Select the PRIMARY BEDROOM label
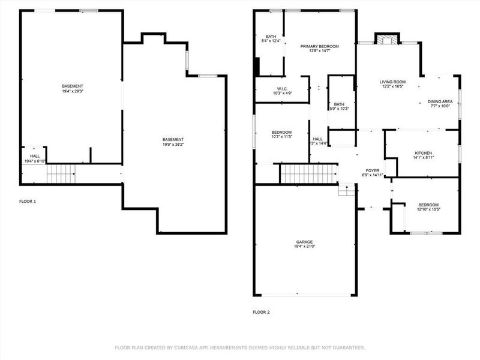coord(320,46)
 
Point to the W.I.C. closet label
coord(282,88)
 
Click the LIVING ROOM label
coord(392,82)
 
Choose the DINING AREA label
coord(440,101)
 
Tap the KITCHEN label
coord(423,153)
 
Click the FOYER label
coord(372,170)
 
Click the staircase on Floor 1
coord(61,174)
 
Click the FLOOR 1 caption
coord(28,202)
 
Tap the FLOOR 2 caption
coord(261,312)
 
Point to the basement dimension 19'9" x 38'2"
coord(173,145)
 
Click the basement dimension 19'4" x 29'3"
coord(73,92)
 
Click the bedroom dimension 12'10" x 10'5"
coord(428,210)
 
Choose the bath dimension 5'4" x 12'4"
coord(269,41)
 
